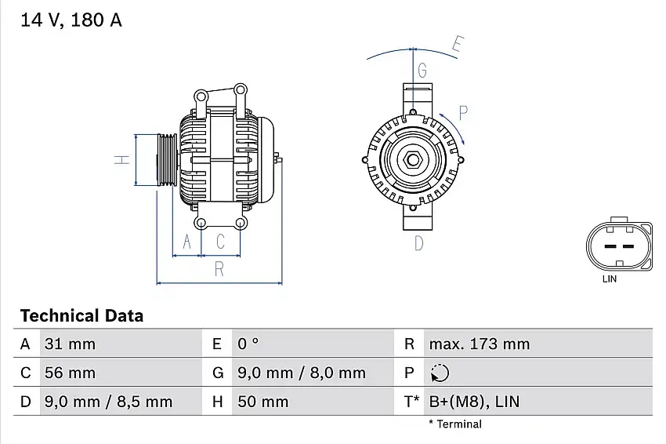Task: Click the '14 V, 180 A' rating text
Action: [71, 21]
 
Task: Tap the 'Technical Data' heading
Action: [81, 316]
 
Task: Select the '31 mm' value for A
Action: [70, 344]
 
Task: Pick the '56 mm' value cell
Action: [70, 373]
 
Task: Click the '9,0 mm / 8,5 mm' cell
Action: [108, 402]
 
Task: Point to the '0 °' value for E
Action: [248, 344]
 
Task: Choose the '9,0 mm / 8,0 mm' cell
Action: [301, 373]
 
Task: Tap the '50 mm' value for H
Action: [262, 402]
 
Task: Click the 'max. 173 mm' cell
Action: [479, 344]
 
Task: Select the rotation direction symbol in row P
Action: [440, 373]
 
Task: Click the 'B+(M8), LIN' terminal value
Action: [473, 402]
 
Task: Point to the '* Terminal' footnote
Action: [455, 424]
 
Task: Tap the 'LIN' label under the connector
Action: [609, 278]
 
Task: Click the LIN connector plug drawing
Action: [617, 246]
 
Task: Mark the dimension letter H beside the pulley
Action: [121, 159]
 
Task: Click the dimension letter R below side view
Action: [219, 268]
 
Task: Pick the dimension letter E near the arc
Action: [459, 45]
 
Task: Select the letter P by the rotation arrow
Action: [463, 113]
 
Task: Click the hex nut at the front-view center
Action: [412, 161]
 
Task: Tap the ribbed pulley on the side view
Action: [168, 160]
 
